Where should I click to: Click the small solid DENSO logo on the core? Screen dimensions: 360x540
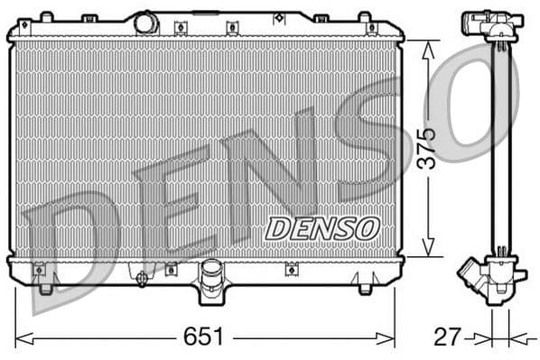pos(322,228)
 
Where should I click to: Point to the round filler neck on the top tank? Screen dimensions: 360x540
pos(146,23)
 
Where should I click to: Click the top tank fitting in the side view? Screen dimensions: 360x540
pos(491,24)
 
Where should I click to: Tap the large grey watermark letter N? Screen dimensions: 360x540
pos(271,171)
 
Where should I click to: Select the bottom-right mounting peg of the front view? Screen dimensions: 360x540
pos(365,288)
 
